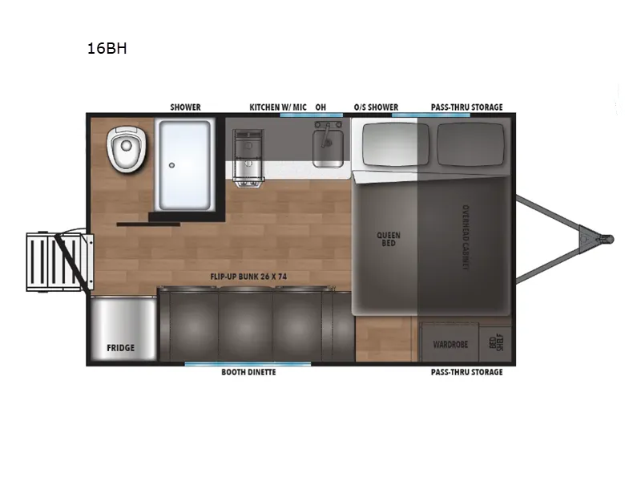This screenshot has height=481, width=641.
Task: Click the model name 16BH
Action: tap(107, 48)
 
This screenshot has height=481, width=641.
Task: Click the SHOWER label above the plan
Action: tap(185, 107)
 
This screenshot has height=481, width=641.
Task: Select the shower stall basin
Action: tap(184, 164)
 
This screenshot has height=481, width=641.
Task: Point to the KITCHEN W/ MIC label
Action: tap(277, 107)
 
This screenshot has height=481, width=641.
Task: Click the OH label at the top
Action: tap(320, 107)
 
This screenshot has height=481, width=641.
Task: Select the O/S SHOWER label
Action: tap(376, 107)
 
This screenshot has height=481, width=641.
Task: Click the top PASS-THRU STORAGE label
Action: tap(466, 107)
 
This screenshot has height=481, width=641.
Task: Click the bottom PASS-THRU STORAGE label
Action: tap(466, 373)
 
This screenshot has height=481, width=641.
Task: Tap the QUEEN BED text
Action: tap(388, 240)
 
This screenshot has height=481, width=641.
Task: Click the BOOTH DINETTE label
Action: tap(248, 373)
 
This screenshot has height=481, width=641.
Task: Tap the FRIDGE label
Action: tap(120, 349)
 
